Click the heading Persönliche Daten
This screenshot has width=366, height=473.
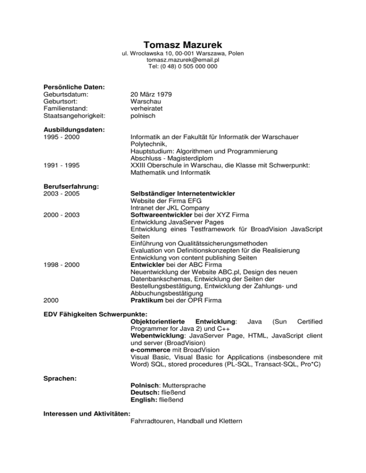coord(74,87)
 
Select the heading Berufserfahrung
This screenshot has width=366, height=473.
coord(71,187)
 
